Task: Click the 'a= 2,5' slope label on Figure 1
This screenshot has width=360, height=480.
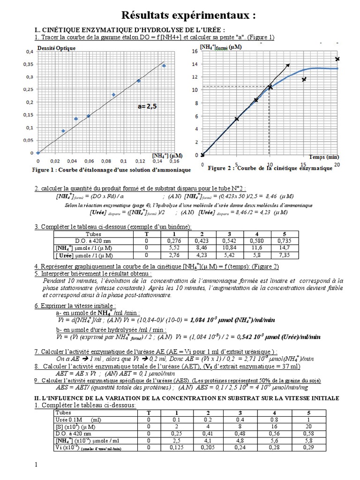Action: [x=147, y=106]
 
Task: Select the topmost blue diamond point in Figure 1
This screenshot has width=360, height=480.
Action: [x=164, y=66]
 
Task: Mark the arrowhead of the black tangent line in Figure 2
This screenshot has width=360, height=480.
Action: [x=288, y=65]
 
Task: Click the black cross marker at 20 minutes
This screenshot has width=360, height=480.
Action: [x=337, y=59]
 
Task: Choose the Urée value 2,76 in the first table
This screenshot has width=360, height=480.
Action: [x=175, y=255]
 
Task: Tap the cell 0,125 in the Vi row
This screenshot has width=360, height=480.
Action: [x=177, y=448]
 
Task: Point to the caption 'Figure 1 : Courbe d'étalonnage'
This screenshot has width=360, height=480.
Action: [x=111, y=170]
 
